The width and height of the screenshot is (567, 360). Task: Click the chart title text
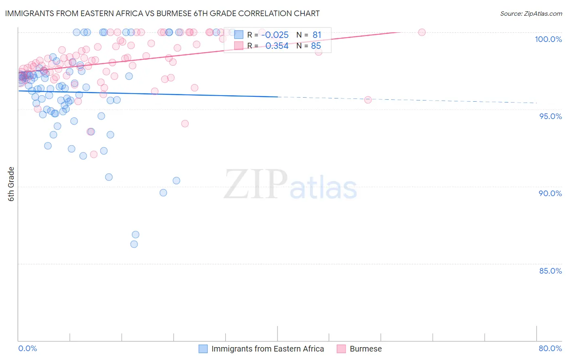163,13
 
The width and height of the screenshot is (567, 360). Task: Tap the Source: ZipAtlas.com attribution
531,13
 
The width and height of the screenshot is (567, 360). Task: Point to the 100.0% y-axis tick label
548,39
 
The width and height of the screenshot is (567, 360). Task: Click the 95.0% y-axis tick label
550,116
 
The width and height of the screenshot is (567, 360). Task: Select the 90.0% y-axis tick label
550,193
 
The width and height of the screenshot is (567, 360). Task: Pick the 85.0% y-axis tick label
550,271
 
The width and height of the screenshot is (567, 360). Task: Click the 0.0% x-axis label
27,348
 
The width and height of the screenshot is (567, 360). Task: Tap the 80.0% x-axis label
550,348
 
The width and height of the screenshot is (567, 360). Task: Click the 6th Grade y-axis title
11,184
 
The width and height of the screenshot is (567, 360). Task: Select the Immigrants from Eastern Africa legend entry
262,349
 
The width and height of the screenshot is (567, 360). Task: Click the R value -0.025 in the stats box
275,35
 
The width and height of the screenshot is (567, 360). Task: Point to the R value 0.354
277,46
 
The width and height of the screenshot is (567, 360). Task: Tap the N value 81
317,35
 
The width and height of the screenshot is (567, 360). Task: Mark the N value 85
316,46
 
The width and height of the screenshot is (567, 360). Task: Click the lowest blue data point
134,244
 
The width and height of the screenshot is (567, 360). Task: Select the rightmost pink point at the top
422,32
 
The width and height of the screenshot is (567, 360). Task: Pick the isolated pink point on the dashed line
368,100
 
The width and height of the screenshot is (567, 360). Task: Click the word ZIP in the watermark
256,184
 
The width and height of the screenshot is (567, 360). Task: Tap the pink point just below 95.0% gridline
185,123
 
